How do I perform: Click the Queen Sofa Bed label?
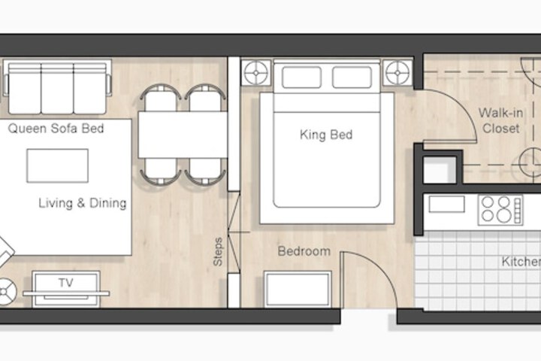[56, 129]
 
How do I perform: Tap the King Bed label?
[326, 135]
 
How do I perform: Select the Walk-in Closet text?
[500, 120]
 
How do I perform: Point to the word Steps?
[218, 251]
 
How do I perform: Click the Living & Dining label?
[83, 203]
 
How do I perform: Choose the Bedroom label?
[304, 251]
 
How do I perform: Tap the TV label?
[66, 283]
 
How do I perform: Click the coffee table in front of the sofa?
[58, 165]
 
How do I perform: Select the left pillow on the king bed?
[301, 77]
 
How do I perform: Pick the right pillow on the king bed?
[352, 77]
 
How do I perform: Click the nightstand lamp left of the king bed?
[256, 73]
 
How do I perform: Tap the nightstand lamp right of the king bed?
[397, 73]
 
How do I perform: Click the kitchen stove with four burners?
[500, 210]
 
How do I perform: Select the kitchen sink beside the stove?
[447, 204]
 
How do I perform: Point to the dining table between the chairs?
[183, 135]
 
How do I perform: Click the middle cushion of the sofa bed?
[57, 89]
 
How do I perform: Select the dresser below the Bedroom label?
[298, 289]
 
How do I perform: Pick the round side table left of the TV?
[5, 292]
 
